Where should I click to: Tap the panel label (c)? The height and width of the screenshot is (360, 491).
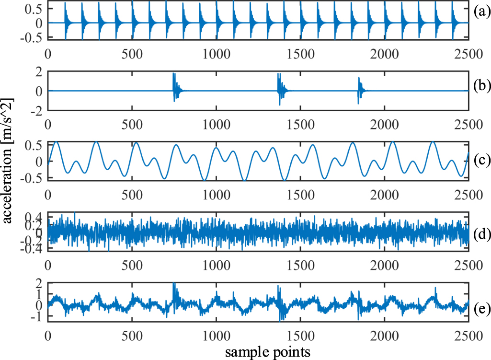[480, 160]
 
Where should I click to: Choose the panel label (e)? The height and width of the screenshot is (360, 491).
[480, 309]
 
